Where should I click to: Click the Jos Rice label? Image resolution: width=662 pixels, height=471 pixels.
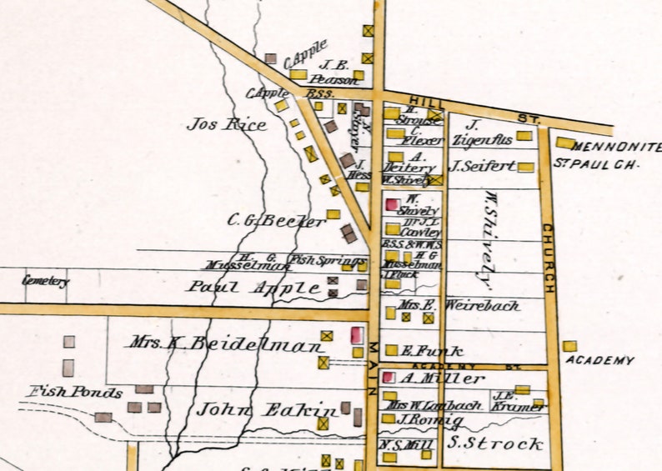click(227, 124)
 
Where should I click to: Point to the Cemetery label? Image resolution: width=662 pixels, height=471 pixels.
click(45, 281)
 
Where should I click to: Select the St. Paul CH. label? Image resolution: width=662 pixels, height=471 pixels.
click(595, 164)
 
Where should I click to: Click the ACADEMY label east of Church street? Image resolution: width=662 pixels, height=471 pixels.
click(599, 360)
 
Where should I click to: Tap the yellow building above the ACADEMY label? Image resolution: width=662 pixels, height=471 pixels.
click(569, 345)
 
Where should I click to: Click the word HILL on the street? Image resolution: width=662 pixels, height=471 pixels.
click(415, 99)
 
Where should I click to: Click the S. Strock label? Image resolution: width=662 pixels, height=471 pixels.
click(495, 443)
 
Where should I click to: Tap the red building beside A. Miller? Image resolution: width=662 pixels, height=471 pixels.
click(388, 378)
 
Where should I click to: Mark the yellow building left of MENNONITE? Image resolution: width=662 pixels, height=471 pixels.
click(565, 143)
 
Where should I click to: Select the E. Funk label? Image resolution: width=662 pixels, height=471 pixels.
click(420, 351)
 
